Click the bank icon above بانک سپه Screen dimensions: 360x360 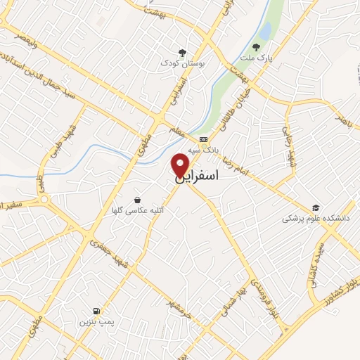click(203, 140)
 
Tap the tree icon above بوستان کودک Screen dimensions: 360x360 click(182, 53)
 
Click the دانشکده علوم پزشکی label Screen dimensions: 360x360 click(316, 219)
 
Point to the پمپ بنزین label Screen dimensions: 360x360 click(96, 321)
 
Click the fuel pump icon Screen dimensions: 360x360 click(95, 311)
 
